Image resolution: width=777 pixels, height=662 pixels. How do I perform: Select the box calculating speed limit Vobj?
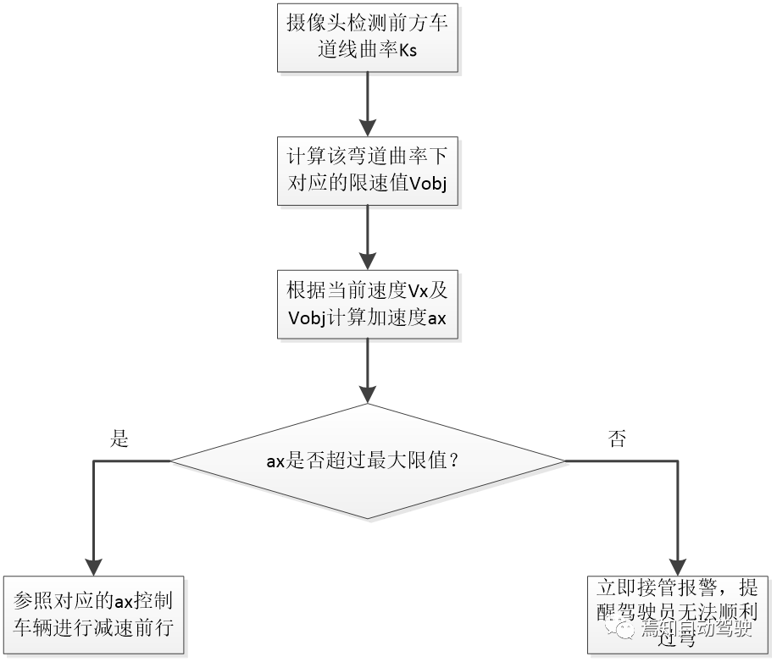pos(367,169)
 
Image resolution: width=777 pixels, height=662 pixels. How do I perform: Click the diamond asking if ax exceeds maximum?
pos(367,461)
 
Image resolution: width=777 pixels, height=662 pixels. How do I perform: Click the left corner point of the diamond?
pos(173,461)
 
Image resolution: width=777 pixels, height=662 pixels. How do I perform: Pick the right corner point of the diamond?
pos(563,461)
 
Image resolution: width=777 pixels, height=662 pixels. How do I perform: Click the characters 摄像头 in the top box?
pos(314,24)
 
